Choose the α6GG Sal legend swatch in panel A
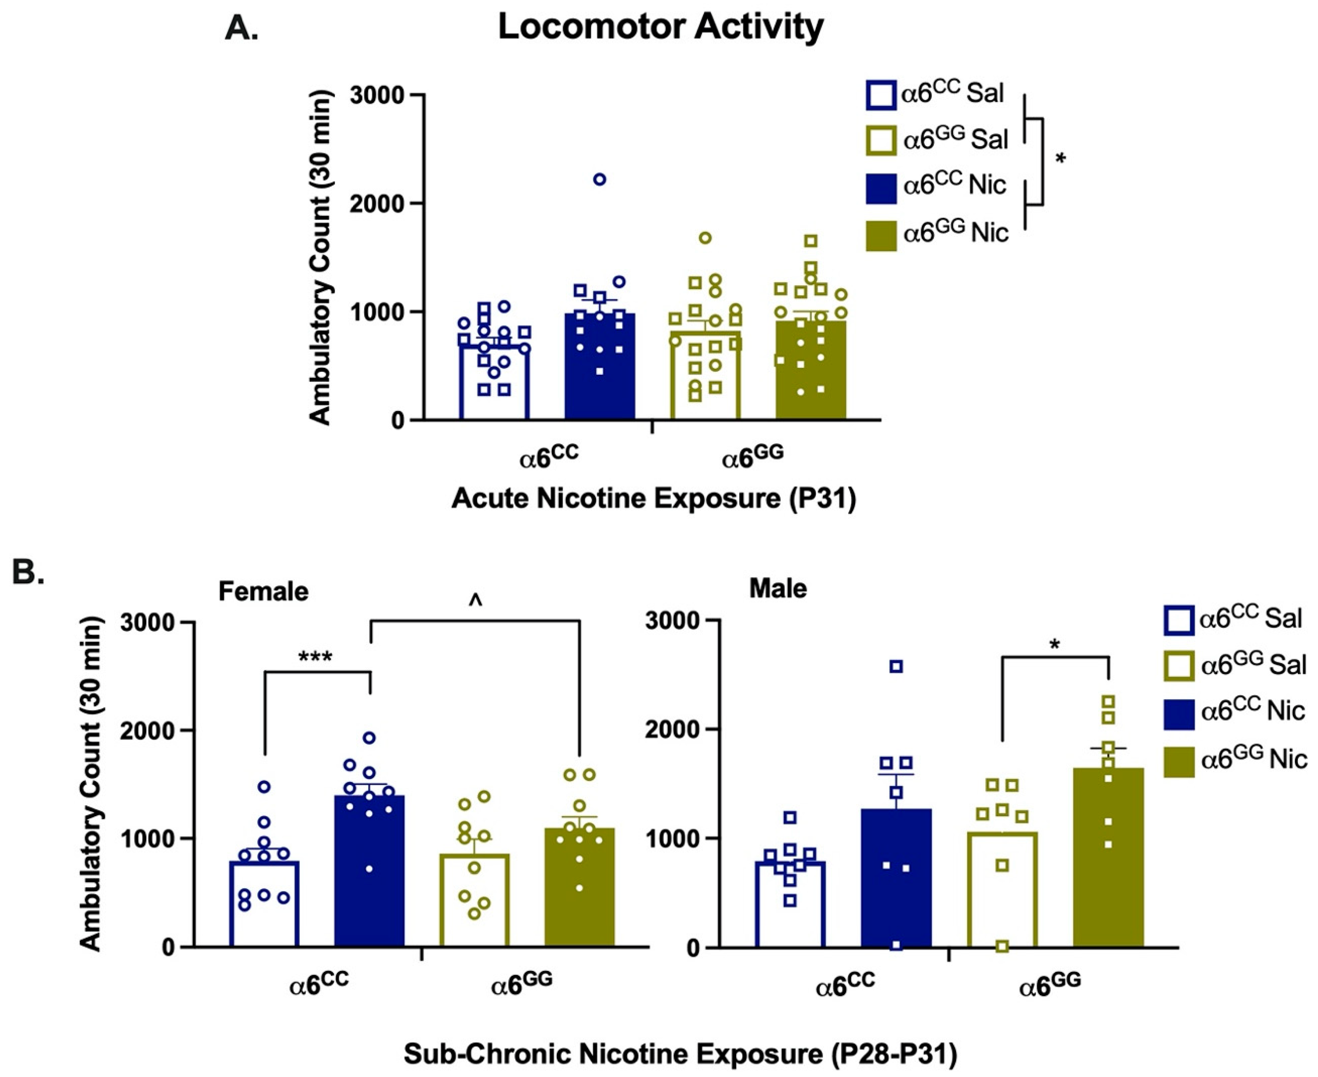click(x=880, y=140)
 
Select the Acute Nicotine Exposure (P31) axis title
click(x=653, y=498)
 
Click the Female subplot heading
click(x=263, y=591)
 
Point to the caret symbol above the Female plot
click(x=475, y=600)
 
